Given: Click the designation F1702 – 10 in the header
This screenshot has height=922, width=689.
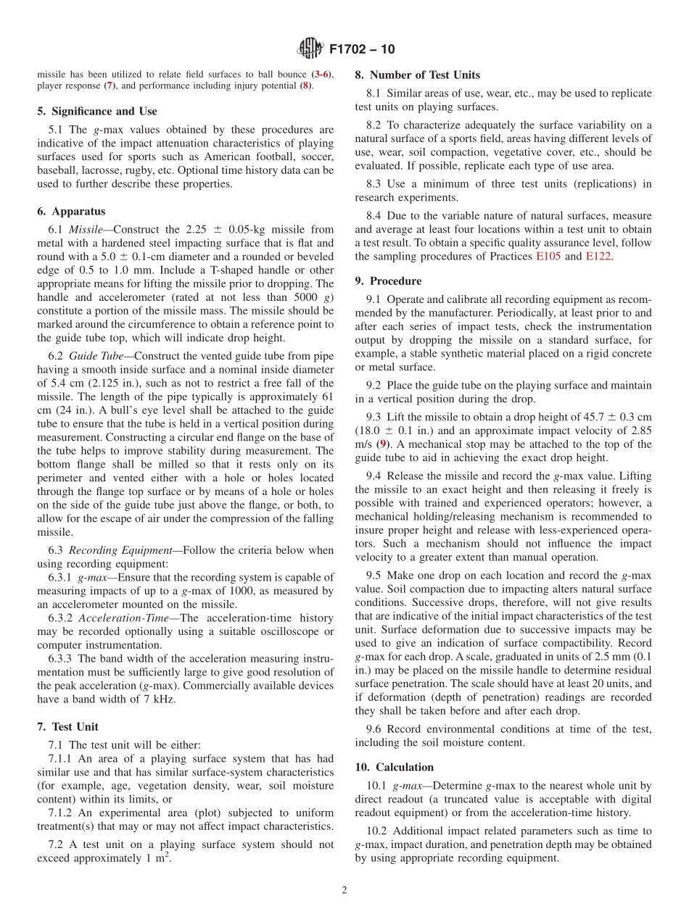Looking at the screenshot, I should coord(362,50).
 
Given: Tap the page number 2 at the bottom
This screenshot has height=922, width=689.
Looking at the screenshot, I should coord(344,890).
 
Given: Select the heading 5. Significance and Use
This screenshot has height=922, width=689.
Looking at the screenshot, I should coord(96,111).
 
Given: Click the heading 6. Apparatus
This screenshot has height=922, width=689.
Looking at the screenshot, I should coord(71,212).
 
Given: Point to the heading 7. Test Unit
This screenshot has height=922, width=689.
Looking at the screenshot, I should coord(67,726).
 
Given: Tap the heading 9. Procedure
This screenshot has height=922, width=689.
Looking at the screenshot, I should coord(388,281).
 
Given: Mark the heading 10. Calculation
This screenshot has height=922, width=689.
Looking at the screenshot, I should coord(394,767).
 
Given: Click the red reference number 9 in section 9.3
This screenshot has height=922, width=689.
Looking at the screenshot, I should coord(384,444).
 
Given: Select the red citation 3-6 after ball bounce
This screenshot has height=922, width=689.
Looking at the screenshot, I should coord(321,75).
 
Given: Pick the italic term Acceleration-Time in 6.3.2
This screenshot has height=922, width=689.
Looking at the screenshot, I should coord(128,618).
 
